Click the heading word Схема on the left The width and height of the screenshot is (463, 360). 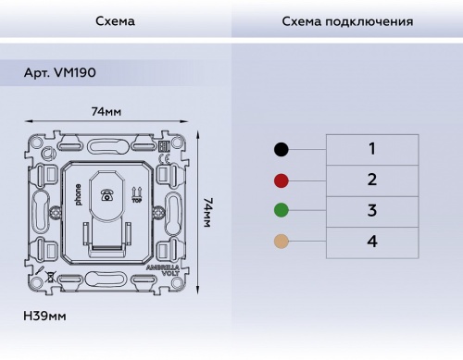pyautogui.click(x=115, y=20)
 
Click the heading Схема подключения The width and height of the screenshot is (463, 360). pyautogui.click(x=346, y=20)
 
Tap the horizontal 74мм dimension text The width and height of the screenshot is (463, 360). pyautogui.click(x=106, y=112)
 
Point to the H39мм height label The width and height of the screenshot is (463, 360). pyautogui.click(x=45, y=317)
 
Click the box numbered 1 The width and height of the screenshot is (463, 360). pyautogui.click(x=371, y=149)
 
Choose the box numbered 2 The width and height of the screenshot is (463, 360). pyautogui.click(x=371, y=180)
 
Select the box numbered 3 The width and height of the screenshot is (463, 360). pyautogui.click(x=371, y=211)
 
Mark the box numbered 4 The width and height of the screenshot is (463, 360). pyautogui.click(x=371, y=242)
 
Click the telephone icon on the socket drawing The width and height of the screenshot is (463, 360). pyautogui.click(x=107, y=195)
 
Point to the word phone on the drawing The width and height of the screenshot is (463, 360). pyautogui.click(x=78, y=195)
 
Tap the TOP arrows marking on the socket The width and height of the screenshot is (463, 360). pyautogui.click(x=136, y=193)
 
